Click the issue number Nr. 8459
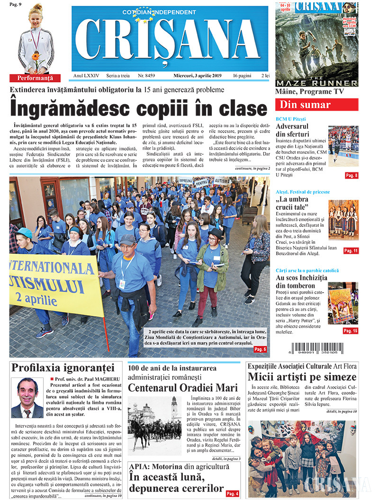click(x=146, y=75)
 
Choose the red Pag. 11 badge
click(x=351, y=250)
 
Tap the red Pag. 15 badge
click(x=351, y=331)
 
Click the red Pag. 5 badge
click(x=260, y=349)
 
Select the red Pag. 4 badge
click(x=233, y=493)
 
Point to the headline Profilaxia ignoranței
click(x=63, y=367)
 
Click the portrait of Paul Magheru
click(x=27, y=398)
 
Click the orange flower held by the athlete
click(x=35, y=57)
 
